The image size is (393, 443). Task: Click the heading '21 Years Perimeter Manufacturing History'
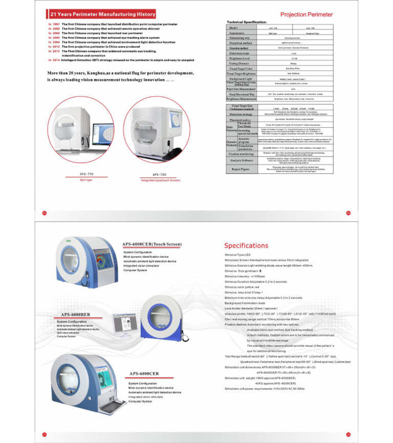[x=99, y=15]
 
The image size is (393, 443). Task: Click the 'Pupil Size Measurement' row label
[x=241, y=88]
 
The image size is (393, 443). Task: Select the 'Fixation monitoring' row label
[x=241, y=153]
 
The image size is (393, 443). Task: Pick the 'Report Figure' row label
[x=241, y=169]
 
